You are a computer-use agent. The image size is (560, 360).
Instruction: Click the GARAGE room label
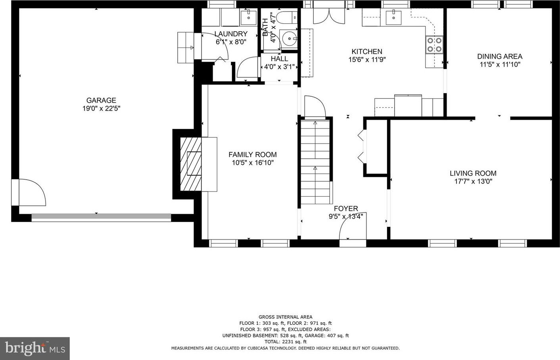click(101, 100)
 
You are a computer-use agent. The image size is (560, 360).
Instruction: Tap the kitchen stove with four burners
click(434, 44)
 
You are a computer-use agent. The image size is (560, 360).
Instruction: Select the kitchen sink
click(393, 18)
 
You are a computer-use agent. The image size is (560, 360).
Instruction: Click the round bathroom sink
click(288, 39)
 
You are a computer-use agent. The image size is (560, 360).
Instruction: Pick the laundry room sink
click(249, 17)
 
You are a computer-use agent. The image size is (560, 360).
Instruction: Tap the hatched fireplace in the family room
click(191, 164)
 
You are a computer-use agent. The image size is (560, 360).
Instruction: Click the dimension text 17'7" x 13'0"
click(473, 181)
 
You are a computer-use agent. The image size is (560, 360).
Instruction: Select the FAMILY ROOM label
click(253, 155)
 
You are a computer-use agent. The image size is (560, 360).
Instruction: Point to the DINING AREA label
click(500, 56)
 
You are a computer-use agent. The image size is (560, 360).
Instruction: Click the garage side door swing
click(32, 192)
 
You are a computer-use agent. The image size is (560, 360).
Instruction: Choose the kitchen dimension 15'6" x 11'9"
click(367, 59)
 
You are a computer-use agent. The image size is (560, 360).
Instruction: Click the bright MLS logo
click(35, 348)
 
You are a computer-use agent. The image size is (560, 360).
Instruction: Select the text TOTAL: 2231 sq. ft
click(286, 341)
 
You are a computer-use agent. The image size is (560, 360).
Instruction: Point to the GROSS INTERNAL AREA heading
click(286, 317)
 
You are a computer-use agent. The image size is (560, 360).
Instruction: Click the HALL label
click(280, 59)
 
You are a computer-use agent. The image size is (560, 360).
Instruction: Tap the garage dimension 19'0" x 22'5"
click(101, 109)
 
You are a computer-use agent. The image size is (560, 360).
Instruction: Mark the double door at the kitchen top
click(329, 16)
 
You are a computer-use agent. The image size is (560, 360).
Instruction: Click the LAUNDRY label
click(231, 34)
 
